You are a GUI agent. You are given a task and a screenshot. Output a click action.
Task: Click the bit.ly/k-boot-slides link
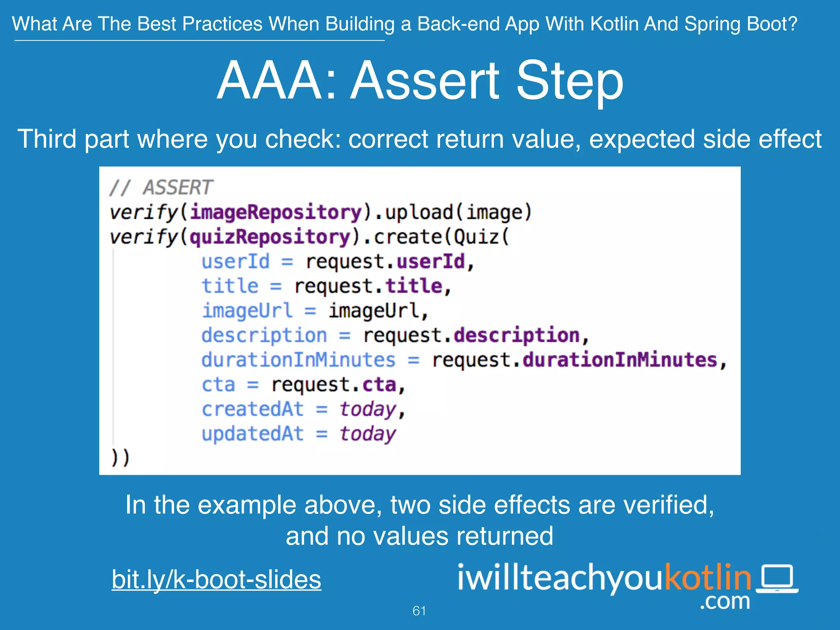216,580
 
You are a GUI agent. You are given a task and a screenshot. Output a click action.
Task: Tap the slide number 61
419,611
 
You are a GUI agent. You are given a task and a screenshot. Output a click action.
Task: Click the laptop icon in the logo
777,579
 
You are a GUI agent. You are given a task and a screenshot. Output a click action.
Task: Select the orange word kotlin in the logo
708,577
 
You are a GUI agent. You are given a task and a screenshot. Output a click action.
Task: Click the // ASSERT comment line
161,188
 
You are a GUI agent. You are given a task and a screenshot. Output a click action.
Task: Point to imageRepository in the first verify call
276,212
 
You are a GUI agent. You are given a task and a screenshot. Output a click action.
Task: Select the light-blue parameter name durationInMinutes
298,360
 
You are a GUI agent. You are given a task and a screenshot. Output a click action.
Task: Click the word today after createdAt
367,409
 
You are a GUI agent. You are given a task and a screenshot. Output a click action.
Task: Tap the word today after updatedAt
367,434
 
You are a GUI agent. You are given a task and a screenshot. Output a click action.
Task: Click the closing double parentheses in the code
120,457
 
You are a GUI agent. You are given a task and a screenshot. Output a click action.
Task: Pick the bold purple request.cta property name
379,385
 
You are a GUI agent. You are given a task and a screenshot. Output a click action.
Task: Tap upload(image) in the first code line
458,212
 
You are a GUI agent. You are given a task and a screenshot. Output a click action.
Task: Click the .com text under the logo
724,601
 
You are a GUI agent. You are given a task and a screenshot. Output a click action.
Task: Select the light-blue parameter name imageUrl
247,310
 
